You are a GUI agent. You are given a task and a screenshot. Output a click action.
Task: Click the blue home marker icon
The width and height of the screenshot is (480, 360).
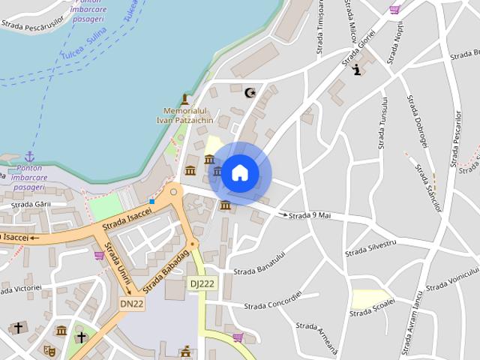pos(239,173)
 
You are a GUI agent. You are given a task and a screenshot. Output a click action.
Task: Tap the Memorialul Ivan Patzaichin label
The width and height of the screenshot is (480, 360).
pos(184,115)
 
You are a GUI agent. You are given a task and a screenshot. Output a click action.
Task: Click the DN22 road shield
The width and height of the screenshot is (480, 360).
pos(131,303)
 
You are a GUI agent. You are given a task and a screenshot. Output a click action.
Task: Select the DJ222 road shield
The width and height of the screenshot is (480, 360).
pos(201,283)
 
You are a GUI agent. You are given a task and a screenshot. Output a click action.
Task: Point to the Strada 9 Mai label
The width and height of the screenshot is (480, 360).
pos(310,216)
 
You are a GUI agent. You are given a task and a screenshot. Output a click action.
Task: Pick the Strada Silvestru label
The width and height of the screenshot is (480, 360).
pos(370,248)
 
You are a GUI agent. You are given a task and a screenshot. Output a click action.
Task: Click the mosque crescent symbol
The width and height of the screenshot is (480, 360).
pos(250,92)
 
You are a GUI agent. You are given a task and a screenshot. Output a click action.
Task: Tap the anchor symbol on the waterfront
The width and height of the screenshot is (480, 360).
pos(30,156)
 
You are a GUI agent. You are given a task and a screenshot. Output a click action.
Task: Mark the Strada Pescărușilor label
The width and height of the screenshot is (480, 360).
pos(33,25)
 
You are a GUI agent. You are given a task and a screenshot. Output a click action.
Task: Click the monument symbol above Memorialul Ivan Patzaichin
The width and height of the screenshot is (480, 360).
pos(184,99)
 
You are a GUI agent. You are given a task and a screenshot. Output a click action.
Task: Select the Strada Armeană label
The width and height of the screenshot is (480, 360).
pos(317,337)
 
